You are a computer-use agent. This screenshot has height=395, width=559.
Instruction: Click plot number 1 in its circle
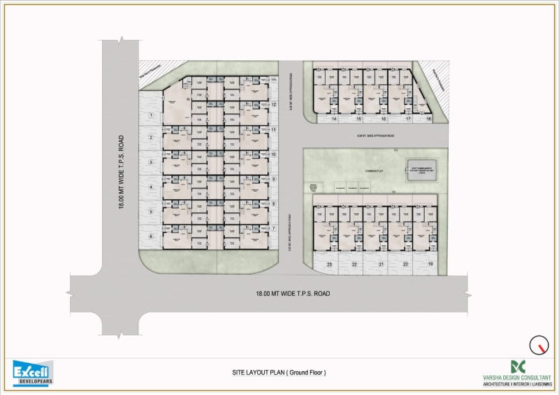click(x=150, y=114)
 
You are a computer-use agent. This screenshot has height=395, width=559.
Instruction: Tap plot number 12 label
click(x=275, y=105)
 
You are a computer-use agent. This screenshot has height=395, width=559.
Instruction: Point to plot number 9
click(x=275, y=179)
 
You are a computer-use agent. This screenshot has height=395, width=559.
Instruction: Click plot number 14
click(x=335, y=120)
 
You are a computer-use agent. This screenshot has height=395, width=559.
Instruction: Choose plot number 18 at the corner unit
click(x=429, y=120)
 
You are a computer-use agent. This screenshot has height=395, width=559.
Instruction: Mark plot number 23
click(x=329, y=264)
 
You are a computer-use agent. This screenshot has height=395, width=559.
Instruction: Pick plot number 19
click(x=430, y=264)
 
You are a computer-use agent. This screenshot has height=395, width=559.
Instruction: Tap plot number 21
click(x=381, y=264)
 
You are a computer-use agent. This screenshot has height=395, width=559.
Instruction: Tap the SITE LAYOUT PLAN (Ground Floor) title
click(x=279, y=372)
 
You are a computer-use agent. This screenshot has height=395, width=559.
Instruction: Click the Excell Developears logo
click(x=32, y=373)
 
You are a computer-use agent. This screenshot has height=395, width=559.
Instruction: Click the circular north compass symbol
click(x=538, y=345)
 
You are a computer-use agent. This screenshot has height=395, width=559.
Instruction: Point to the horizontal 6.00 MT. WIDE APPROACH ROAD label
click(x=376, y=136)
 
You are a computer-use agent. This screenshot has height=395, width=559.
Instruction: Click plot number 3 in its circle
click(x=150, y=163)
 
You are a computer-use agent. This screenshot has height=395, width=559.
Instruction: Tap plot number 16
click(x=384, y=120)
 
